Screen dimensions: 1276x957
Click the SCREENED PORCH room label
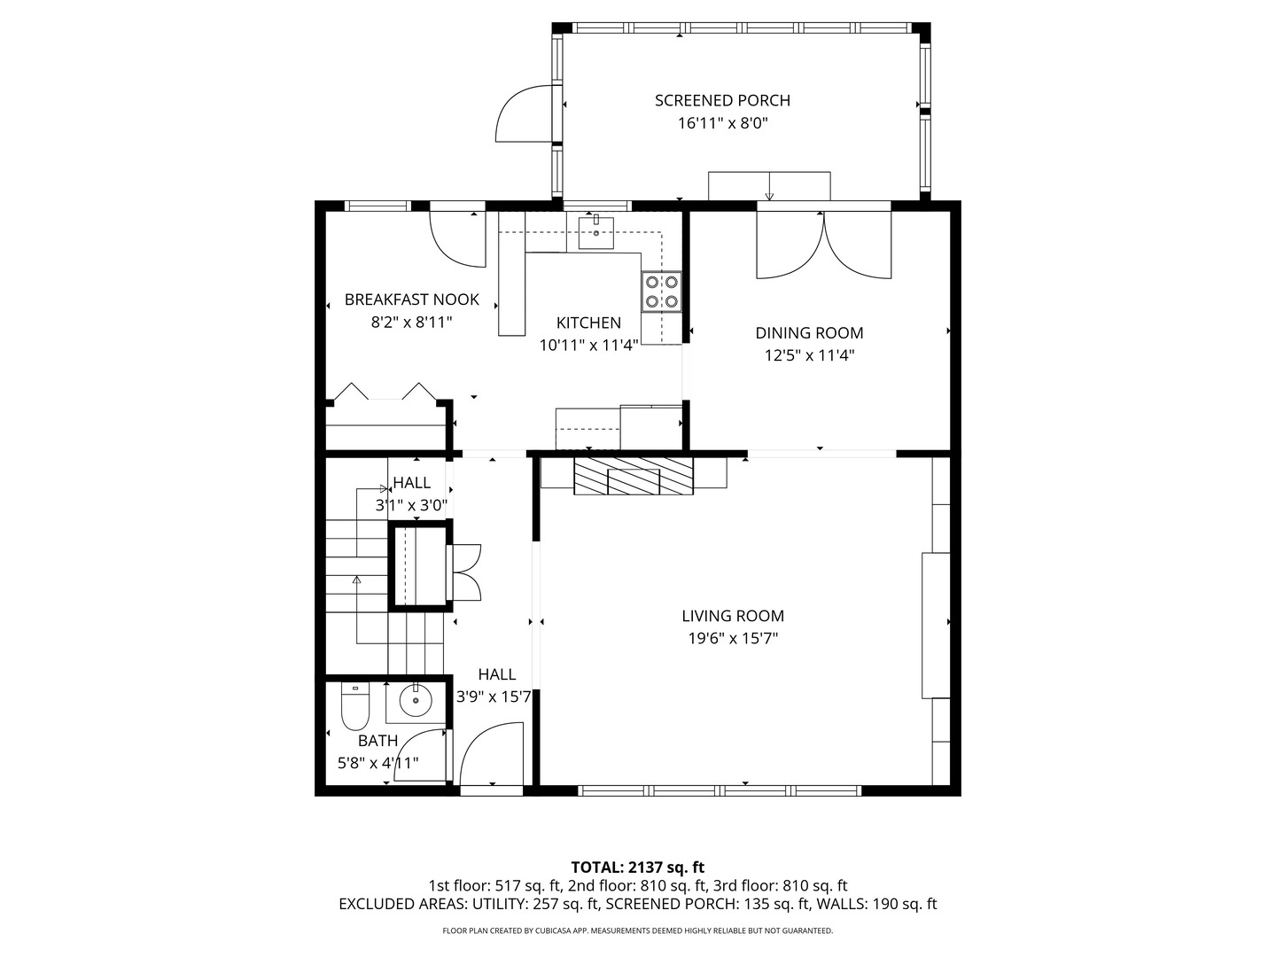tap(722, 100)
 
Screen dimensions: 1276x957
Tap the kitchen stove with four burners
tap(662, 292)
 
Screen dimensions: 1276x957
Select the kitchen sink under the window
tap(595, 232)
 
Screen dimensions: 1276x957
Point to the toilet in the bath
tap(355, 706)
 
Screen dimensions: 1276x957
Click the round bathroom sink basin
tap(416, 700)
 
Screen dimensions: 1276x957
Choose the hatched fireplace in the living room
tap(633, 476)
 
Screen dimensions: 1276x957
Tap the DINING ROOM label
tap(809, 333)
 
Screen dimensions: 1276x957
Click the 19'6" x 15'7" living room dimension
tap(733, 639)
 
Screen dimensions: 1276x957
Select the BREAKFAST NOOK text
tap(411, 300)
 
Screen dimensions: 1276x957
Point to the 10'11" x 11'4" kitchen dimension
tap(589, 346)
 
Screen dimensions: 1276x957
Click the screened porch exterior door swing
tap(523, 113)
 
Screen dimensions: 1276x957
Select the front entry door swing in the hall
tap(492, 753)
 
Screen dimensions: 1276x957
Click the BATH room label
tap(377, 741)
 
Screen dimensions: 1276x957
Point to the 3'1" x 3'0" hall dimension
tap(411, 505)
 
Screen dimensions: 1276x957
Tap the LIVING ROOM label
tap(733, 616)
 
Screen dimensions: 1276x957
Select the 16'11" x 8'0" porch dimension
tap(722, 123)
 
